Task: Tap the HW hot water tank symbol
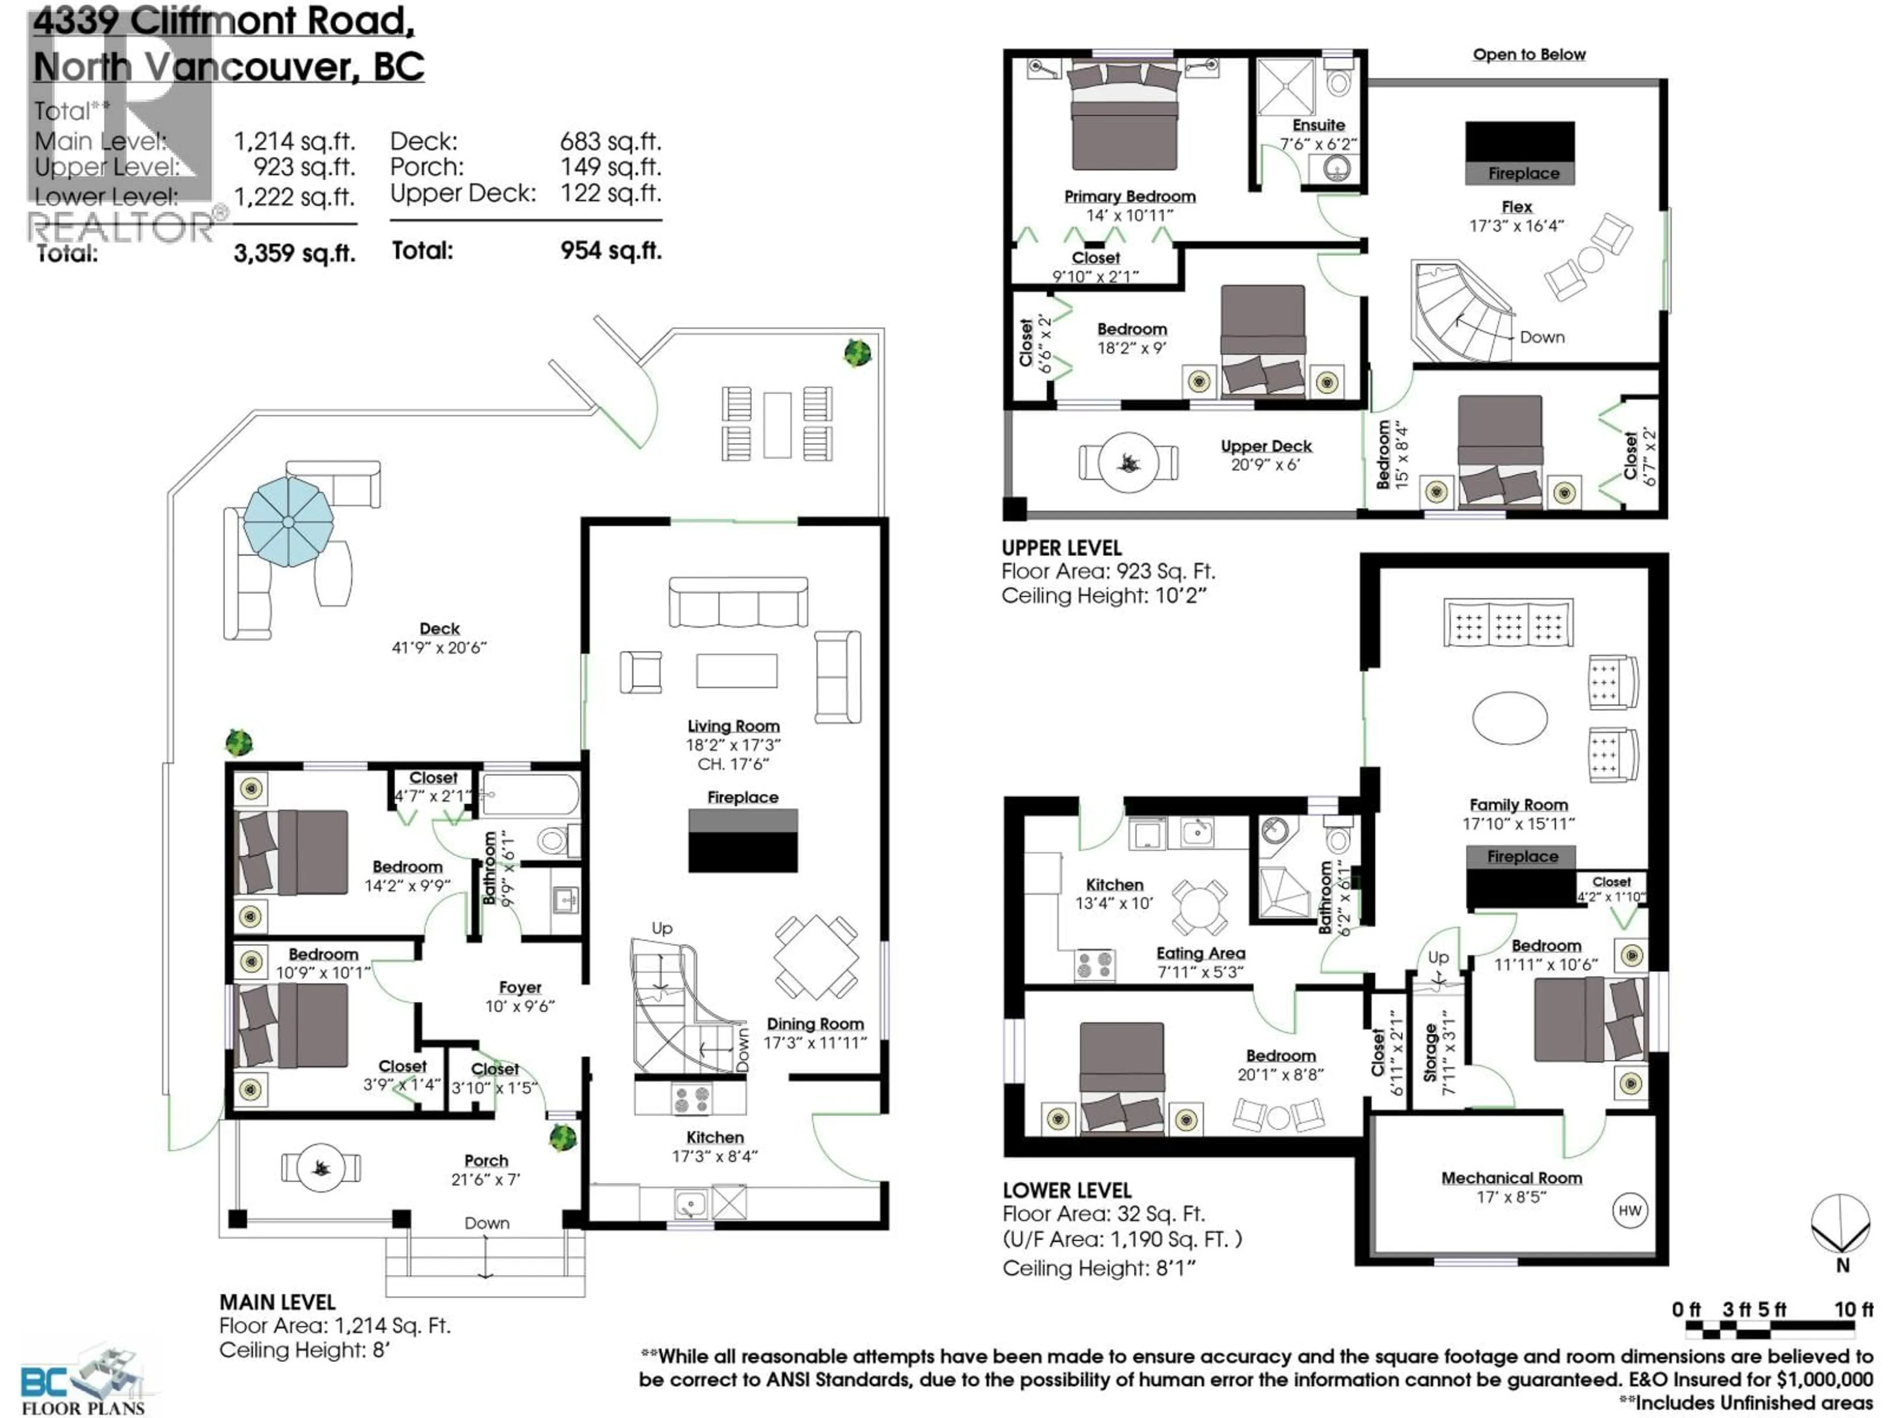(1630, 1210)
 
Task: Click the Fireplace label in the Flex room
(1523, 173)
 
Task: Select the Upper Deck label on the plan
(1265, 446)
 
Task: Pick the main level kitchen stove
(691, 1099)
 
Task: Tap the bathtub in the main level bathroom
(530, 795)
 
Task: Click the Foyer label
(519, 987)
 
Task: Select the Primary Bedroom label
(1130, 196)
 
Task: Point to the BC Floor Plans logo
(83, 1382)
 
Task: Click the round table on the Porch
(320, 1167)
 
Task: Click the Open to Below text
(1529, 55)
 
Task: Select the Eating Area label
(1200, 953)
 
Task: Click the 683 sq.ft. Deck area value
(610, 141)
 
